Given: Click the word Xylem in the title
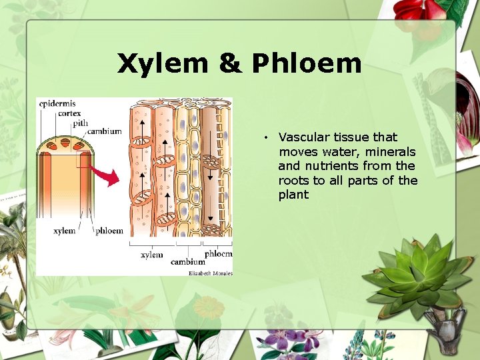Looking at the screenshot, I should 161,64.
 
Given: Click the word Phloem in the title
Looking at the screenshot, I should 307,64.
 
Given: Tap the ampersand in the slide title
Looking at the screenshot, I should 229,64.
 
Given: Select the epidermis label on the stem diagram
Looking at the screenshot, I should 57,104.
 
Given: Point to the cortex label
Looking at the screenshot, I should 69,113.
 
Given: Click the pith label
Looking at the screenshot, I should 80,123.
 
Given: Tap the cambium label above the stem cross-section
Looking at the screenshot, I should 105,131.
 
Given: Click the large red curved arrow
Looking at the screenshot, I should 106,174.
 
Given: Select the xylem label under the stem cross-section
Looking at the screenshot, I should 64,231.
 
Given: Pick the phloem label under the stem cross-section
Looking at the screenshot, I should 109,231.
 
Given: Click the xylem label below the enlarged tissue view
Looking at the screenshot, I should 151,255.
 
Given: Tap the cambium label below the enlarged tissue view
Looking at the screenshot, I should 187,262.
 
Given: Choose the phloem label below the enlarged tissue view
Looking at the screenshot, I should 218,254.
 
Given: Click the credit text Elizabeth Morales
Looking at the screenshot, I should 211,273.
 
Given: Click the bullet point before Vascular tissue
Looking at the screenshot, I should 265,138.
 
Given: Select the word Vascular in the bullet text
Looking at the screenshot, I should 303,137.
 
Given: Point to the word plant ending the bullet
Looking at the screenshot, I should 293,195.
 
